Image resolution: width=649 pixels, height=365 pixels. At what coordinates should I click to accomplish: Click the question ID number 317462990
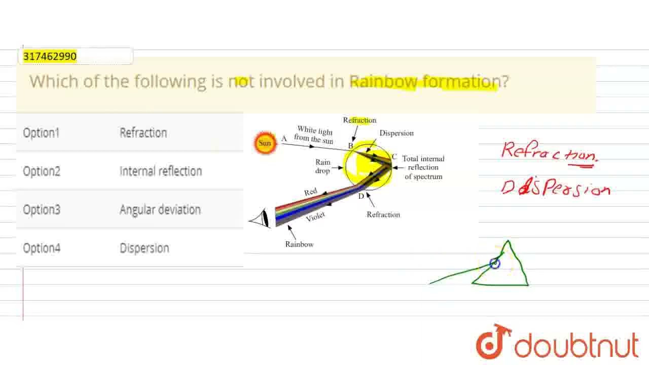coord(50,56)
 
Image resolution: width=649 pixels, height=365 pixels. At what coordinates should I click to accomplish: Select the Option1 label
coord(41,133)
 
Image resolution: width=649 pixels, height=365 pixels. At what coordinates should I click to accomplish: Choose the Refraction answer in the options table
coord(143,133)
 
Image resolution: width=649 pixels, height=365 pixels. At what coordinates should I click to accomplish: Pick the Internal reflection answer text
coord(160,171)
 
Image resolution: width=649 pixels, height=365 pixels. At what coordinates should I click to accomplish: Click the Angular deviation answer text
coord(160,210)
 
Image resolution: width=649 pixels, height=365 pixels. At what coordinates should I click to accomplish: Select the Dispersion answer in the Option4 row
coord(144,248)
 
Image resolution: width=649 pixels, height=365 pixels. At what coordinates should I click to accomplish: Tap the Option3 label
coord(41,210)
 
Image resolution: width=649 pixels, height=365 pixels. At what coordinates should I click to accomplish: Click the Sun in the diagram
coord(265,143)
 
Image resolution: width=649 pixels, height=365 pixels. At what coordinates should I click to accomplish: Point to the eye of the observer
coord(262,220)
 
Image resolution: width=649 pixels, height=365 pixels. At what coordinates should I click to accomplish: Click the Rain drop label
coord(322,166)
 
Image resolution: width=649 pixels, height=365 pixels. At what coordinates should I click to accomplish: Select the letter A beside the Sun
coord(284,138)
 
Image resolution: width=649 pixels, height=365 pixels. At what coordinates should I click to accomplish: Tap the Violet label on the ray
coord(315,217)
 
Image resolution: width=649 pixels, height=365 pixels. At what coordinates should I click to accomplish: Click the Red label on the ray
coord(310,192)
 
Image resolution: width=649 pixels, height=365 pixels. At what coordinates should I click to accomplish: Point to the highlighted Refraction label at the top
coord(359,120)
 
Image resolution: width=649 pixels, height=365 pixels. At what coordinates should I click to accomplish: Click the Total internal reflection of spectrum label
coord(423,168)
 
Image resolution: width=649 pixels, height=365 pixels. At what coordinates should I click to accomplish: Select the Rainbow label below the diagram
coord(299,244)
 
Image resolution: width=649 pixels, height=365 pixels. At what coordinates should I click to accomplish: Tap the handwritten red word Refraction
coord(549,152)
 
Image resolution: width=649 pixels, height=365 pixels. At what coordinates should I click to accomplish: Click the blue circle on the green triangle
coord(495,263)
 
